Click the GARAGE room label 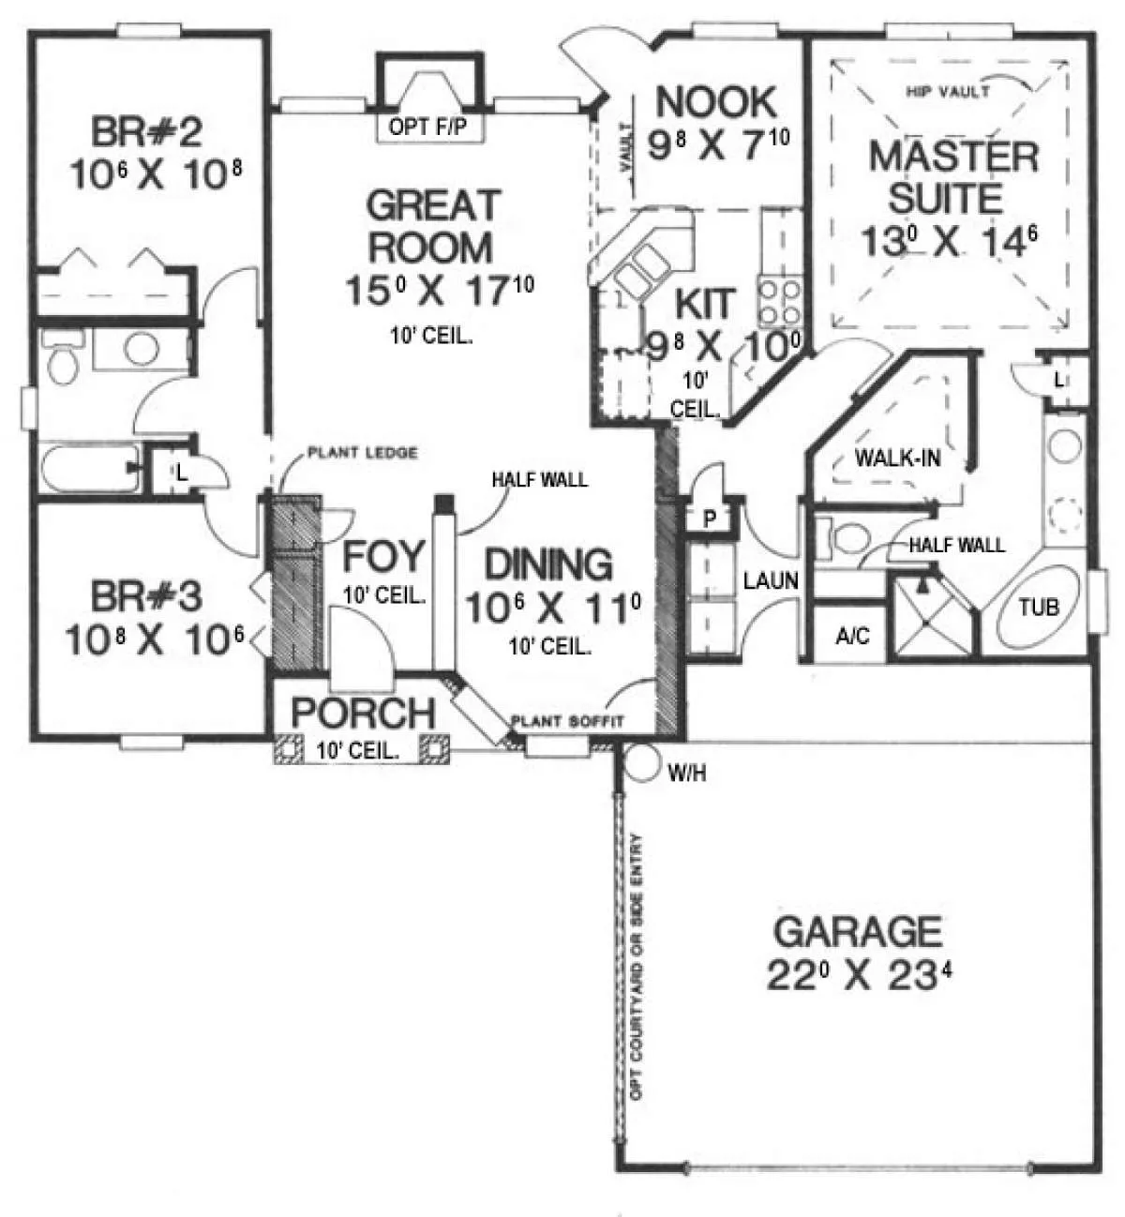pos(857,932)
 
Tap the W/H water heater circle pos(642,764)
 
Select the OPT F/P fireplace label pos(427,127)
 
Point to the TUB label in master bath pos(1039,607)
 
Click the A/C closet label pos(852,636)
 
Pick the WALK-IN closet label pos(898,458)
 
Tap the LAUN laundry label pos(771,580)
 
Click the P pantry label pos(710,519)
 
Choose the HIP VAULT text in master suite pos(948,92)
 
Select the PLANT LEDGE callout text pos(363,453)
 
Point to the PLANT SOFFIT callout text pos(567,721)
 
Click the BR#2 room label pos(146,132)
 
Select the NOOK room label pos(716,101)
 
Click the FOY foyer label pos(383,557)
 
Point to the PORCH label pos(364,713)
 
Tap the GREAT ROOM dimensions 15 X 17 pos(440,290)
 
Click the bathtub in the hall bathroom pos(89,468)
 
